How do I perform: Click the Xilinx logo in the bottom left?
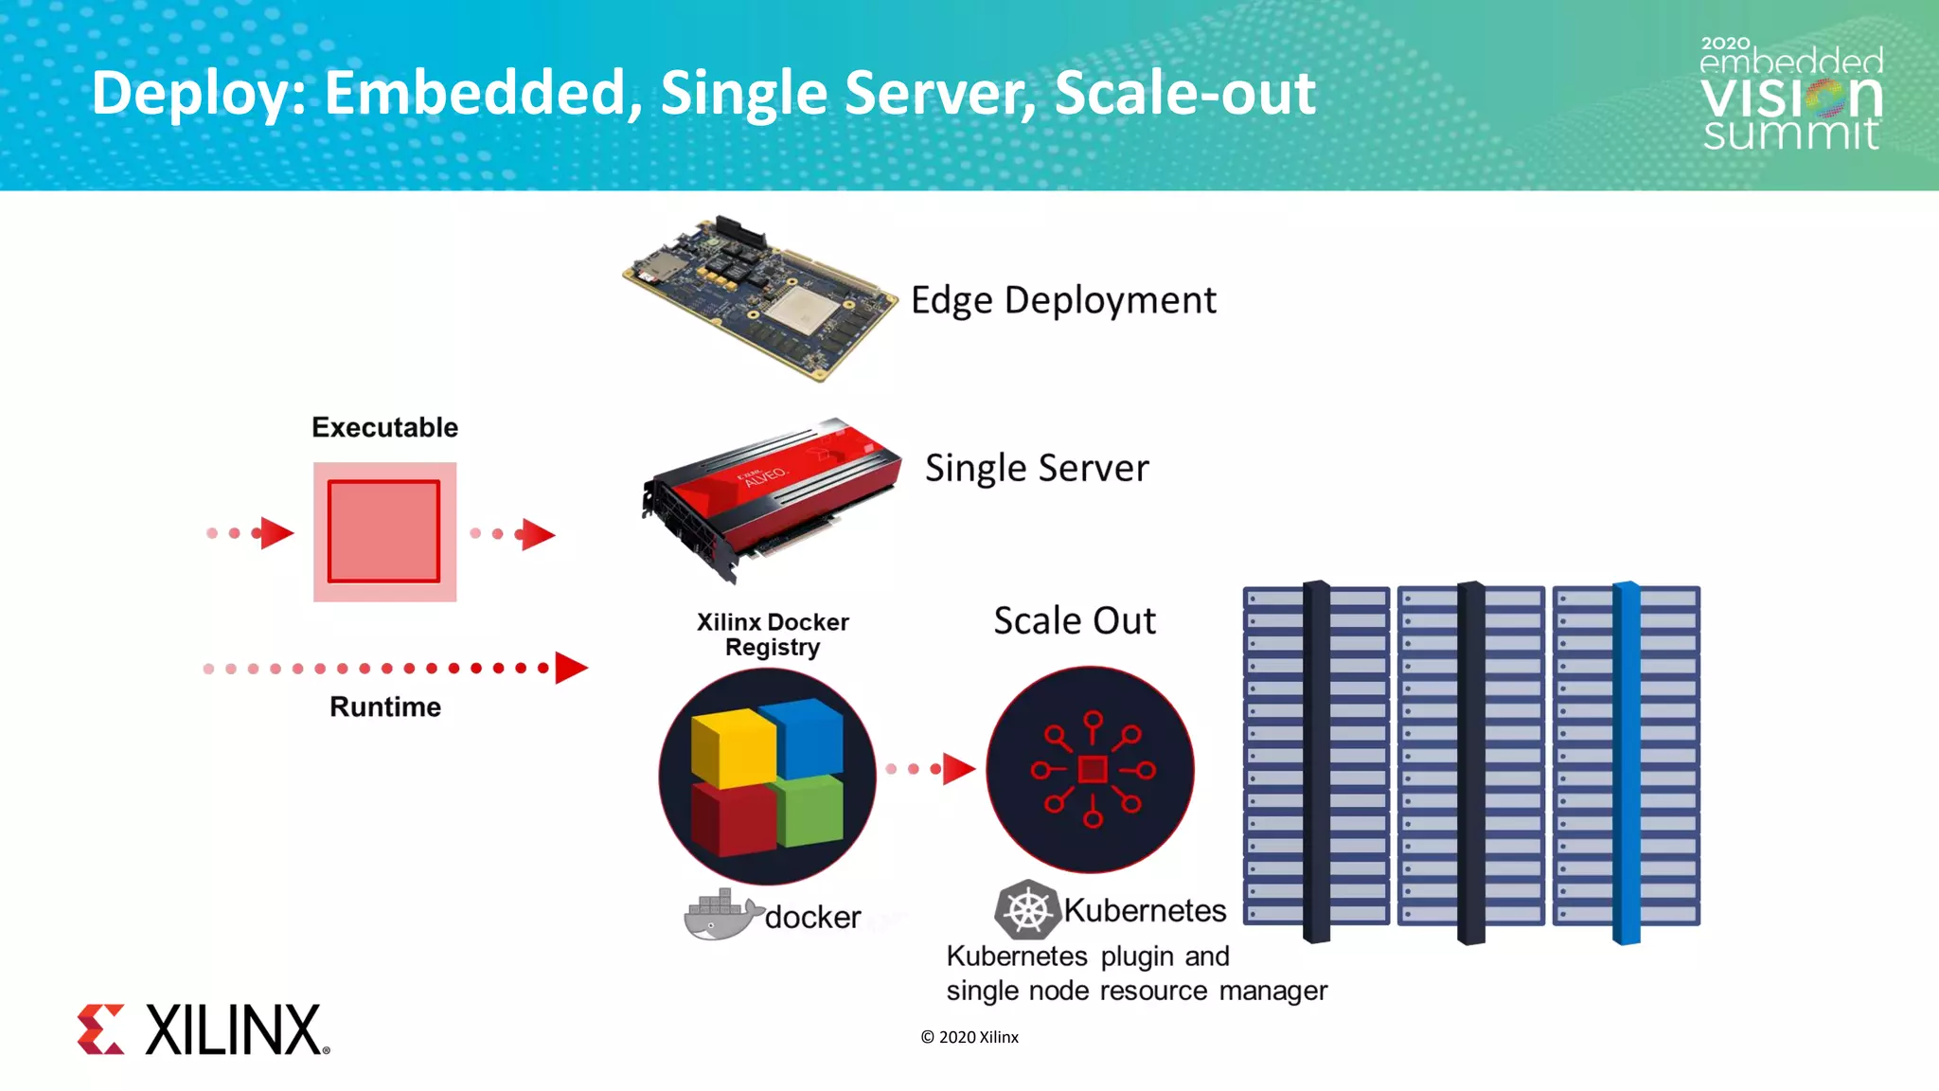click(x=203, y=1029)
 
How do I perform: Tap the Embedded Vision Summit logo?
click(x=1790, y=95)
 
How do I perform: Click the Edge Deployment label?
click(x=1062, y=300)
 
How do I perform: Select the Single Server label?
click(x=1037, y=468)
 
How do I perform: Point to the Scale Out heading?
click(x=1075, y=621)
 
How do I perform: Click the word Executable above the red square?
click(x=384, y=427)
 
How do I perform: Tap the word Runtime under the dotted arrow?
click(x=384, y=706)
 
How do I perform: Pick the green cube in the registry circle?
click(x=810, y=811)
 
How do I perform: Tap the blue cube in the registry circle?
click(x=808, y=737)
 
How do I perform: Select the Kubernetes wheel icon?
click(x=1027, y=911)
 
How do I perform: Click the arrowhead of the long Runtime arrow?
click(x=571, y=668)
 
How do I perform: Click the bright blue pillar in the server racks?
click(x=1626, y=762)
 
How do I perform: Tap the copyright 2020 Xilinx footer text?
click(x=969, y=1037)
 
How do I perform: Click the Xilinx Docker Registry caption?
click(x=773, y=635)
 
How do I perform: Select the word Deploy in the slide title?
click(x=197, y=94)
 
